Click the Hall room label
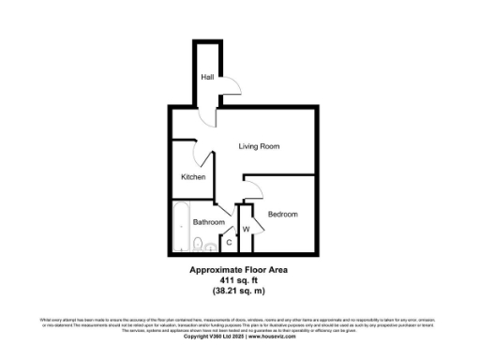(205, 79)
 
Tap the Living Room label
(259, 146)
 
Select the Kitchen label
(194, 176)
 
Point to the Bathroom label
(208, 222)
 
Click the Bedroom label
(282, 215)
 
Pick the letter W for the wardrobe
(246, 229)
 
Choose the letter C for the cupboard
(229, 242)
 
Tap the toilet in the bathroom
(198, 246)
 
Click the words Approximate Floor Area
(240, 270)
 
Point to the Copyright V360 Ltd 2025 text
(217, 337)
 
